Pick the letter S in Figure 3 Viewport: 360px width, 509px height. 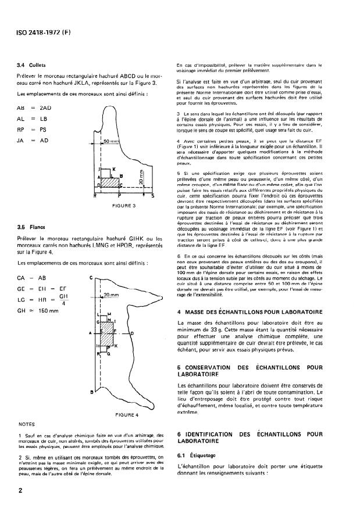(152, 196)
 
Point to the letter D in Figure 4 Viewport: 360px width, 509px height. (133, 334)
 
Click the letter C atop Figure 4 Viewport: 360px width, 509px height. (93, 278)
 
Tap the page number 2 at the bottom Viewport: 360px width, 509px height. (20, 490)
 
